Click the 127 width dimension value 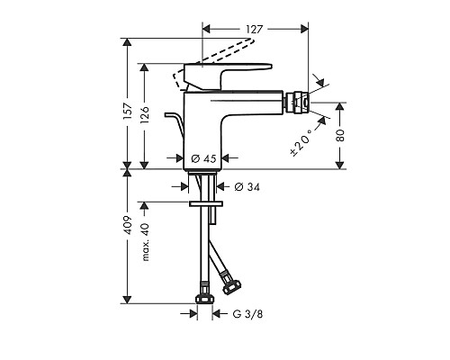click(255, 29)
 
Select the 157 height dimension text click(128, 112)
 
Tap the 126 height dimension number click(145, 115)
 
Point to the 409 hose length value click(128, 225)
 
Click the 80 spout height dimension click(340, 136)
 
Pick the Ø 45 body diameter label click(203, 158)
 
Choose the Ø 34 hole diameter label click(247, 187)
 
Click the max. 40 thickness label click(145, 242)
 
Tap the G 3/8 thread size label click(247, 314)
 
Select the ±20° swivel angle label click(301, 142)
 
